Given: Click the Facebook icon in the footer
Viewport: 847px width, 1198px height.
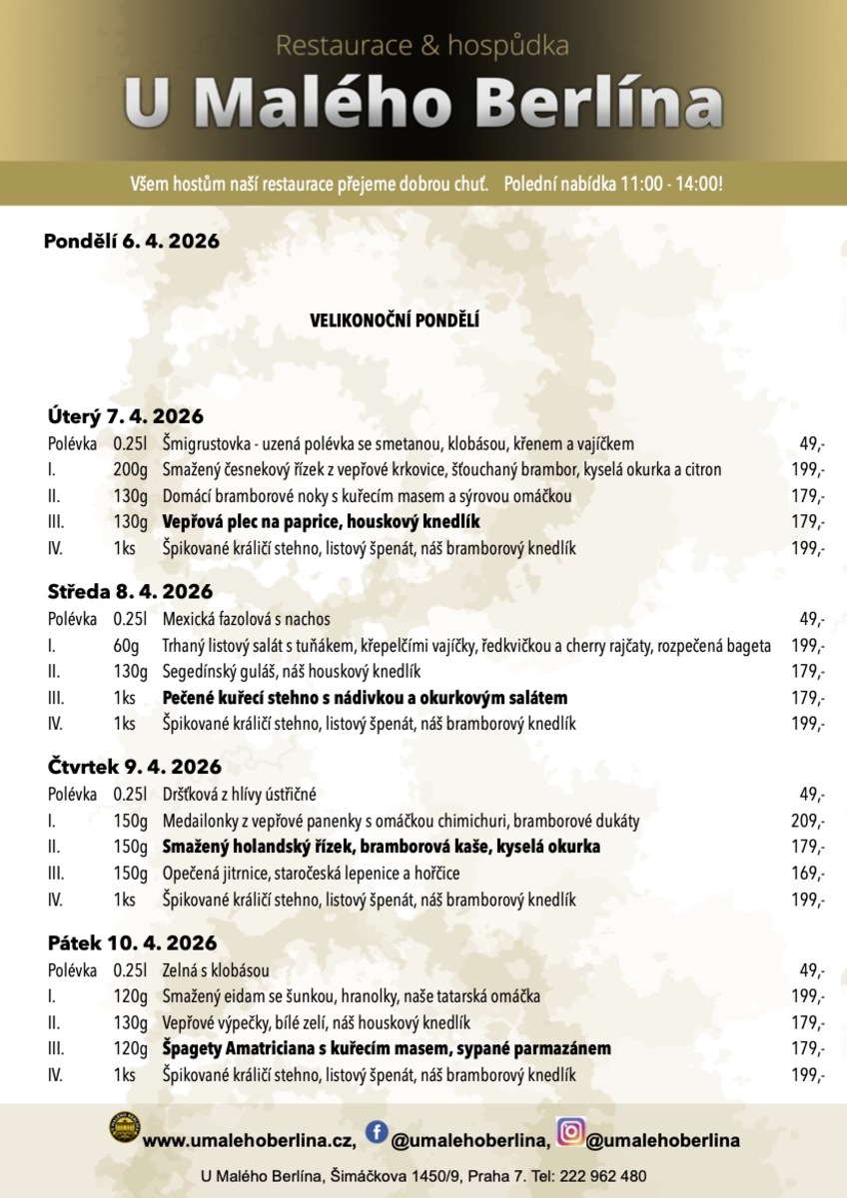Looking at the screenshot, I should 377,1131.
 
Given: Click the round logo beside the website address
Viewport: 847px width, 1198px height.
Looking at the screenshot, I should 125,1130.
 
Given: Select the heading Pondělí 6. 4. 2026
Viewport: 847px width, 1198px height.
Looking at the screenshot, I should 131,242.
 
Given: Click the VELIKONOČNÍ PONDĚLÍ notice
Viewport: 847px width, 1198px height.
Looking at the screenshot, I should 396,321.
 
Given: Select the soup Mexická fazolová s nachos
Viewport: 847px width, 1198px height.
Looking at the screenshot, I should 246,619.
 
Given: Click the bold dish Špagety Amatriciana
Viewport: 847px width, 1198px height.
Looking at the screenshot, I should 387,1048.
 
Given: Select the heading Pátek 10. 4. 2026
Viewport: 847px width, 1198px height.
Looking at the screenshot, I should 132,942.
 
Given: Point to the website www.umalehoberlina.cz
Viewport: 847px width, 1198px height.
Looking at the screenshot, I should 250,1139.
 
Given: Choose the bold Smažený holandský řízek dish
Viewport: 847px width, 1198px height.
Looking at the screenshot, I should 382,848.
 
